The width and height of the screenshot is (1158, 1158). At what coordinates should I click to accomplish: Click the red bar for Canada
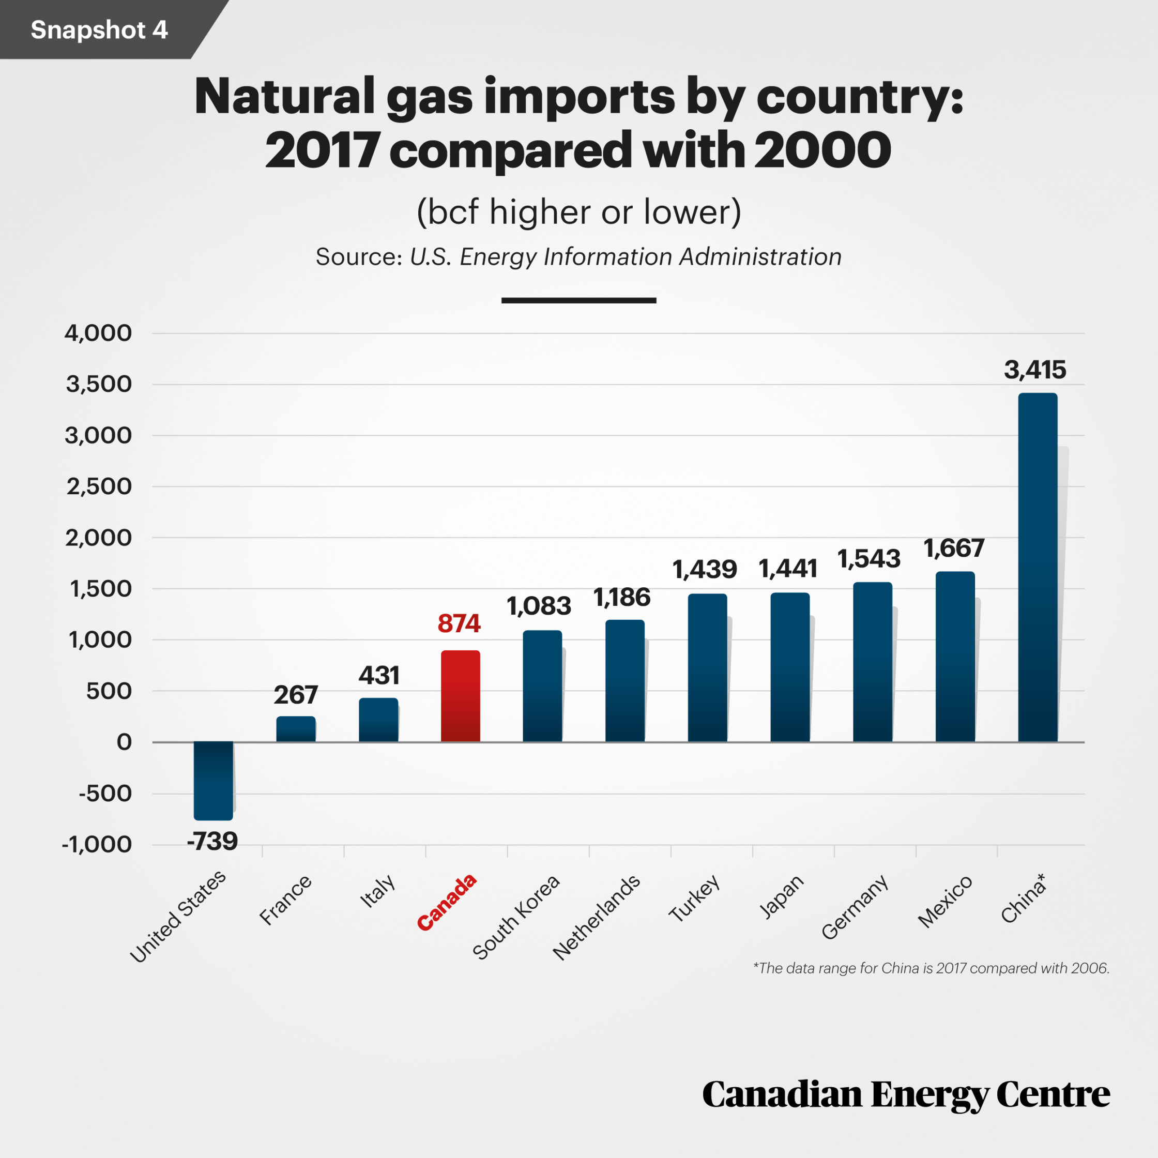coord(460,696)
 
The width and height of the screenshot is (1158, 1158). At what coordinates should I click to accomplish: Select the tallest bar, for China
coord(1038,567)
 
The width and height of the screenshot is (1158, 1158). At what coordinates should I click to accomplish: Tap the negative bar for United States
coord(214,781)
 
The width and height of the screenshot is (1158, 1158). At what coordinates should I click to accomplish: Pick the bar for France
coord(296,729)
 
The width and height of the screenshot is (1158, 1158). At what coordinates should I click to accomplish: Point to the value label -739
coord(212,842)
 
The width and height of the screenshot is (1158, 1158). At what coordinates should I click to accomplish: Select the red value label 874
coord(459,623)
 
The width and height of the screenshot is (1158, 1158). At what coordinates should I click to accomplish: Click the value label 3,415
coord(1035,370)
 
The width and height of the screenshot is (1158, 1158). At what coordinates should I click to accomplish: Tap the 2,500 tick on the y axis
coord(99,486)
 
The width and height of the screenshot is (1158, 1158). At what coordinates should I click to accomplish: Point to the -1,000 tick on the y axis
coord(97,845)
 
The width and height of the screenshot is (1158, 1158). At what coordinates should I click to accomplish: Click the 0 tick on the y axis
coord(124,742)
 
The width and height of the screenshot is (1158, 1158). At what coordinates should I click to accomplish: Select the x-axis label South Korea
coord(516,917)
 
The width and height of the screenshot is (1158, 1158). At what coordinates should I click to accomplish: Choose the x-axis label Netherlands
coord(597,918)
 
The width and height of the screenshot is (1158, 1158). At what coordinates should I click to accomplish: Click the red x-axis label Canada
coord(447,902)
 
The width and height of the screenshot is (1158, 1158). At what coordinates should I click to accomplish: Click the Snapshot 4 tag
coord(99,29)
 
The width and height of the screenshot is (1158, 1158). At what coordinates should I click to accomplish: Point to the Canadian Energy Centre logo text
coord(906,1094)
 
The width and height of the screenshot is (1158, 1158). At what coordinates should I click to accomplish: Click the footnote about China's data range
coord(931,968)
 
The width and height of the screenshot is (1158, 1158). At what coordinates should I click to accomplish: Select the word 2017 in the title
coord(322,150)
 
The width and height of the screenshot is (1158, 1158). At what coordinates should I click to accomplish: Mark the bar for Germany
coord(873,662)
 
